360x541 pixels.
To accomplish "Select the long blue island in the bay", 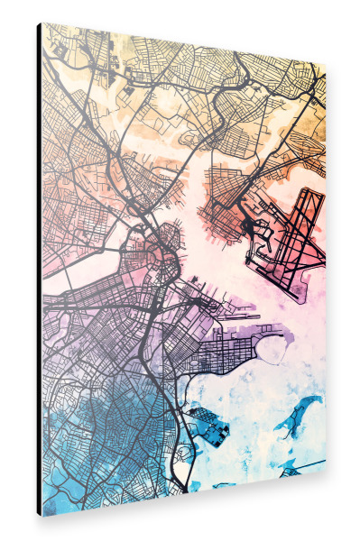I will (299, 415).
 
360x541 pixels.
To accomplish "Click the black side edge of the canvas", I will (39, 270).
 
